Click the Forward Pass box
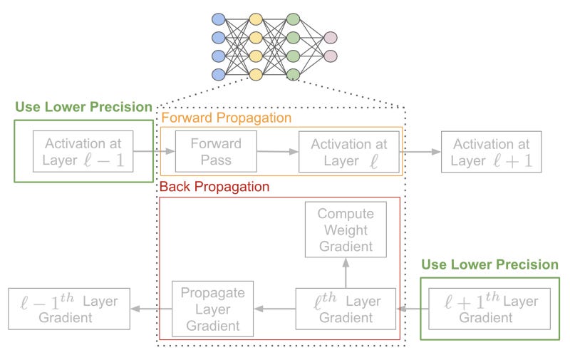pos(215,152)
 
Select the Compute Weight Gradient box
pos(346,230)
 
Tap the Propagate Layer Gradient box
pos(213,309)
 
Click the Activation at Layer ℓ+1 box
pos(491,152)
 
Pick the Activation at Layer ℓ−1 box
pos(82,152)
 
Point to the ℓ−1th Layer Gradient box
pos(69,309)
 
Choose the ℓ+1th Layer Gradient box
pos(489,309)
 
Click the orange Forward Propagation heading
pos(226,118)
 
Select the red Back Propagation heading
pos(214,187)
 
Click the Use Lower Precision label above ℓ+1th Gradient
pos(489,264)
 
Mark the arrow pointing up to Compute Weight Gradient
pos(346,273)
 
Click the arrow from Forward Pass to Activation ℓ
pos(277,152)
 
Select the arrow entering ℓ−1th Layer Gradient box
pos(152,309)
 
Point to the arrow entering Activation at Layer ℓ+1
pos(422,152)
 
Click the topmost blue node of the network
pos(218,19)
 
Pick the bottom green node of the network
pos(292,74)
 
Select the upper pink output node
pos(330,38)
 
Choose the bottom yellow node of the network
pos(255,74)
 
